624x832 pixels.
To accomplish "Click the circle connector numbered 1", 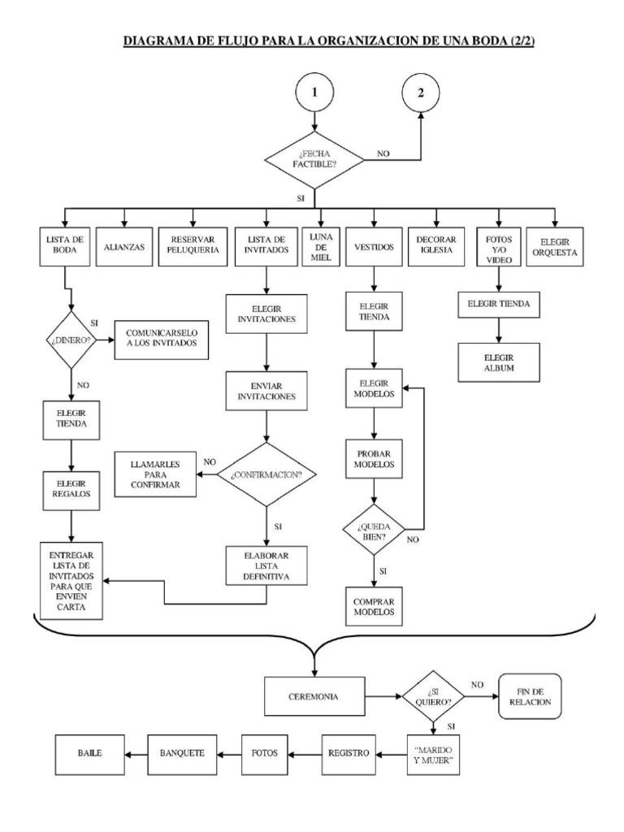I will coord(314,93).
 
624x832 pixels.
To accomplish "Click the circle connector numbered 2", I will coord(419,93).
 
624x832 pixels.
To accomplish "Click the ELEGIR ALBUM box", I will coord(499,362).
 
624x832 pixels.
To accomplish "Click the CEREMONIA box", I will coord(314,697).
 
